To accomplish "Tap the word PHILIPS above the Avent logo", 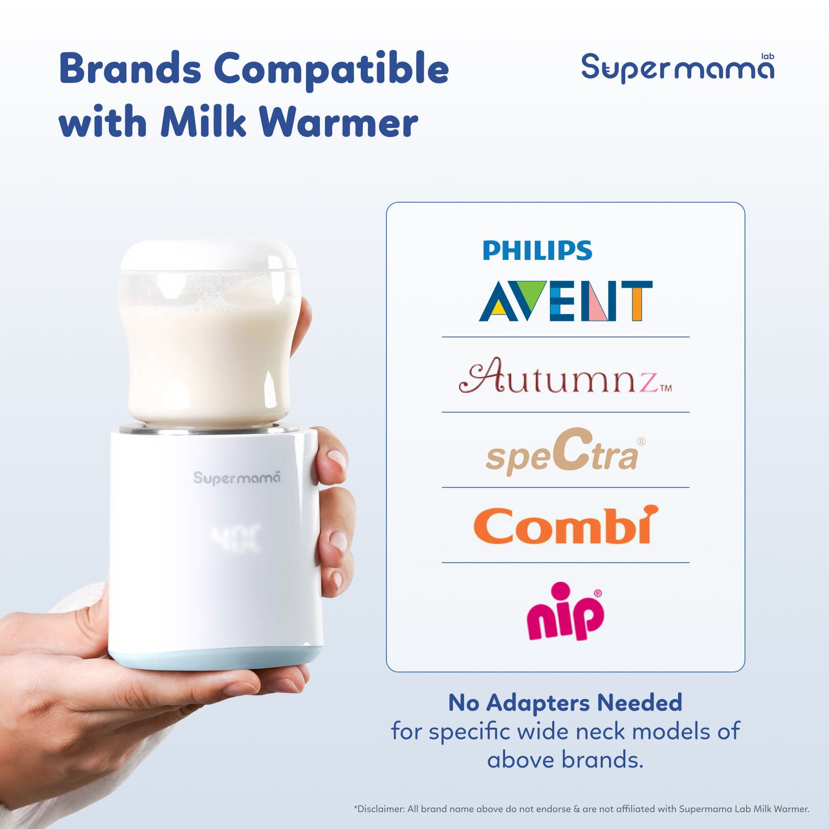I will [x=537, y=251].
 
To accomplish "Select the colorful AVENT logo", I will [x=565, y=301].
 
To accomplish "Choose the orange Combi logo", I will [x=565, y=526].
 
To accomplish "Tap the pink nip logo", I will [x=565, y=612].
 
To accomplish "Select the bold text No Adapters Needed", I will [x=565, y=703].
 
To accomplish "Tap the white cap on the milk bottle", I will [x=209, y=254].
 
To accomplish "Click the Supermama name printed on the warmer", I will [x=237, y=478].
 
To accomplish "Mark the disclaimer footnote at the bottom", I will [x=581, y=809].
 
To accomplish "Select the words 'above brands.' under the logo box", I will [x=565, y=760].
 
